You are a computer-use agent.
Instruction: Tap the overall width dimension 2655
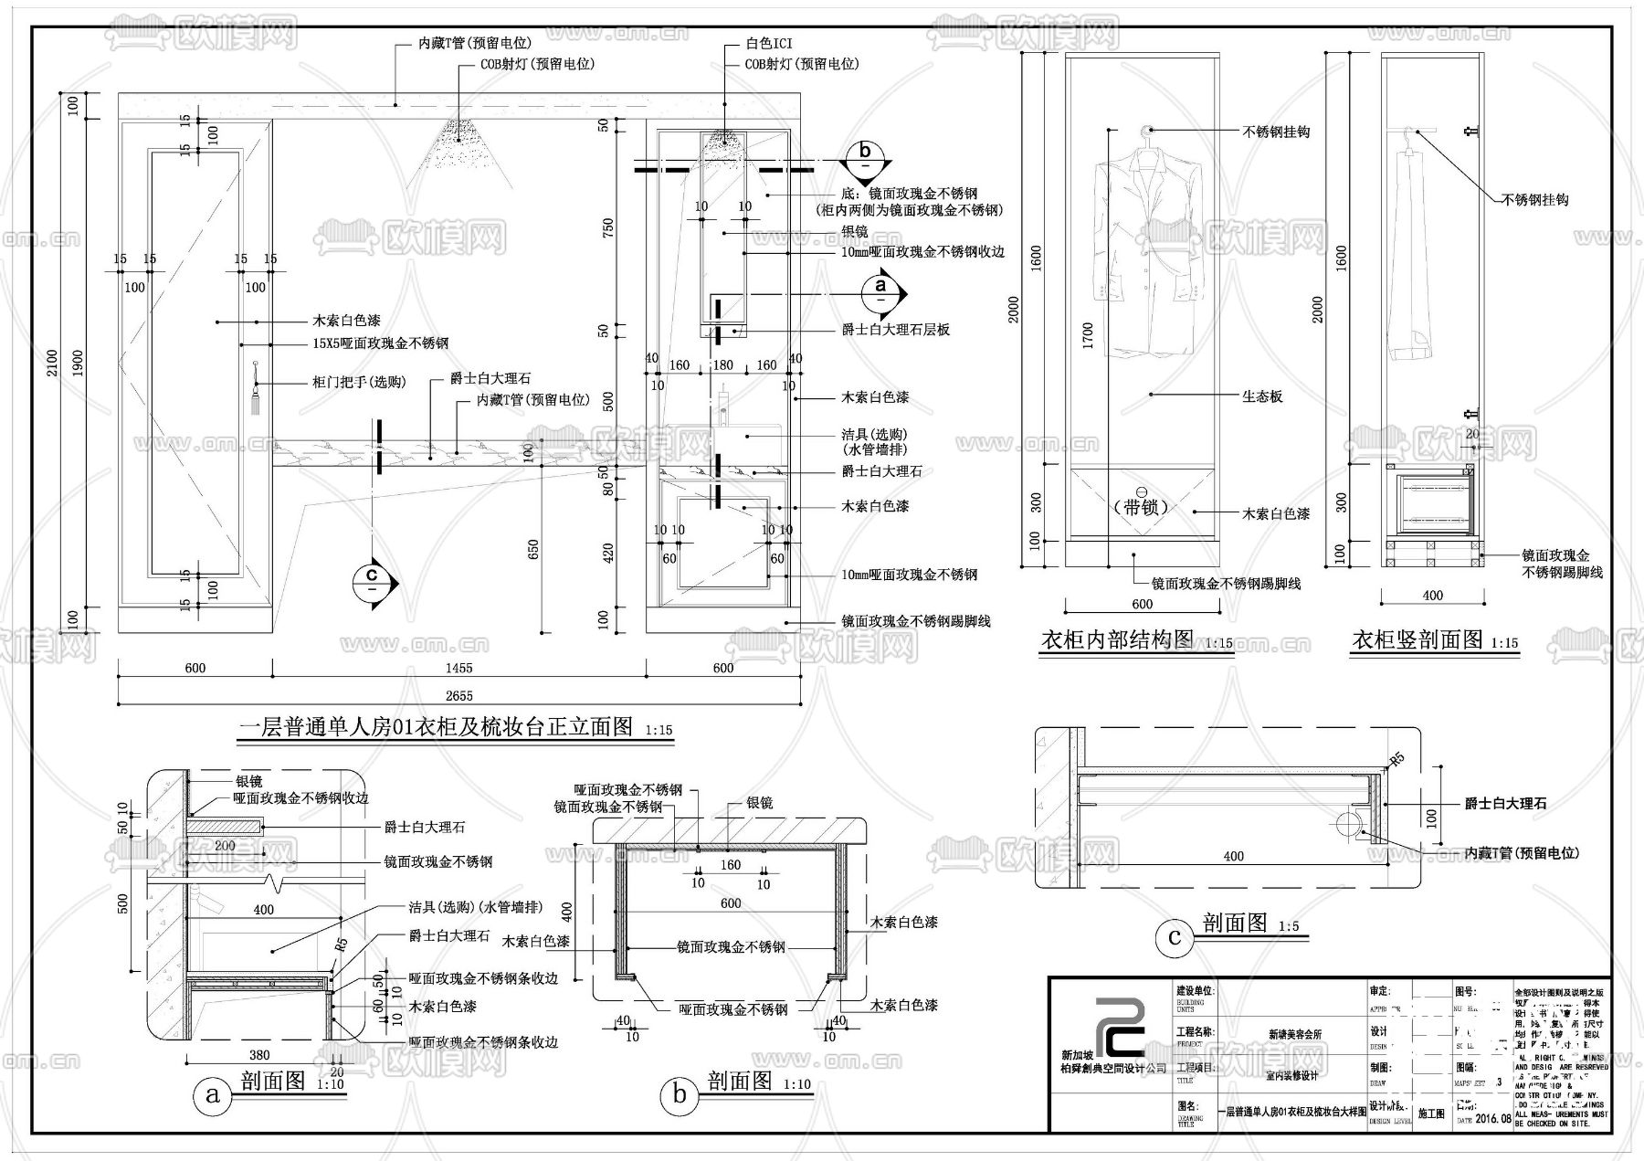[x=459, y=695]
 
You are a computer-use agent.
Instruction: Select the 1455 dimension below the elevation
[x=459, y=668]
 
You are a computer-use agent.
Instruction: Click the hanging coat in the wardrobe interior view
[x=1147, y=247]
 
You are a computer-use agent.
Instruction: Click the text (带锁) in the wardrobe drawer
[x=1141, y=506]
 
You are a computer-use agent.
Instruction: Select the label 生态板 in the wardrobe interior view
[x=1261, y=396]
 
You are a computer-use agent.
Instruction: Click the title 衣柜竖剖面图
[x=1417, y=640]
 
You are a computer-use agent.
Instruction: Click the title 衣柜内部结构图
[x=1117, y=640]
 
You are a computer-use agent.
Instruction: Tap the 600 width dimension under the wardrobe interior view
[x=1142, y=604]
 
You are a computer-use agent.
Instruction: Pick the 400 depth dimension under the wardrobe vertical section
[x=1432, y=596]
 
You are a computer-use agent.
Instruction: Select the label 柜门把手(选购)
[x=359, y=382]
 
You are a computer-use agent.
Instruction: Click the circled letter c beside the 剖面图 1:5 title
[x=1175, y=937]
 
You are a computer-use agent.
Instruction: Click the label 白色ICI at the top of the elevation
[x=769, y=44]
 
